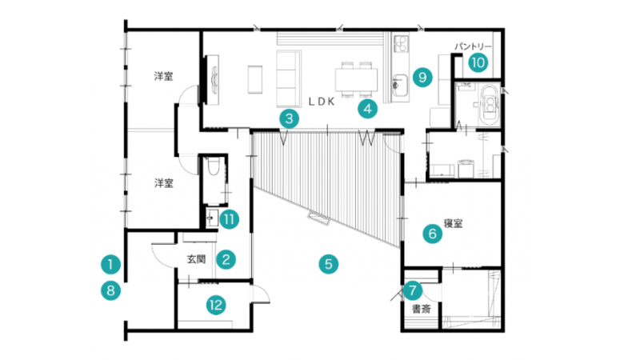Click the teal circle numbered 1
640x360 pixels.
pyautogui.click(x=110, y=265)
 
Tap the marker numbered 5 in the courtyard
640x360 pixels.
pyautogui.click(x=329, y=264)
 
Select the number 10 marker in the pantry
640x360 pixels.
pyautogui.click(x=478, y=62)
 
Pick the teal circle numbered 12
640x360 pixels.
pyautogui.click(x=216, y=305)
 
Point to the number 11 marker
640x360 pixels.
pyautogui.click(x=229, y=219)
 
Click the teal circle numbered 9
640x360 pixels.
pyautogui.click(x=422, y=77)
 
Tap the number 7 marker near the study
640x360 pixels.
pyautogui.click(x=413, y=290)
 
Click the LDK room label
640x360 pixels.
pyautogui.click(x=322, y=102)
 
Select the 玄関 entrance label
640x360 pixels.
pyautogui.click(x=196, y=258)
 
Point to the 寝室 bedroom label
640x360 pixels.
pyautogui.click(x=453, y=223)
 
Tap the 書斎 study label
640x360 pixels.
pyautogui.click(x=422, y=309)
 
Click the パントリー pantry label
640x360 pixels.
pyautogui.click(x=473, y=46)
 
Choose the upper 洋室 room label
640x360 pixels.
pyautogui.click(x=164, y=76)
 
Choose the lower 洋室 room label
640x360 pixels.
pyautogui.click(x=164, y=183)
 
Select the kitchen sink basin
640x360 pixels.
pyautogui.click(x=400, y=85)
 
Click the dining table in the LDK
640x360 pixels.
pyautogui.click(x=356, y=79)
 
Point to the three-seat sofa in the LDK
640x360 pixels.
pyautogui.click(x=289, y=78)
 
